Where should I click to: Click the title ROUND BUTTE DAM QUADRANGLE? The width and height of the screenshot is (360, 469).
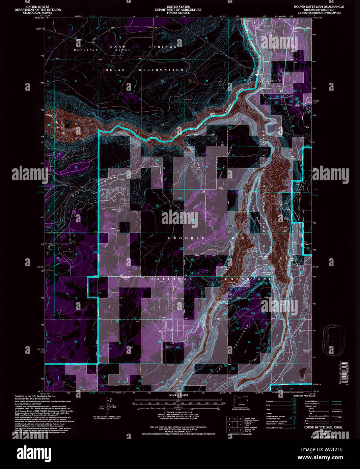click(x=319, y=7)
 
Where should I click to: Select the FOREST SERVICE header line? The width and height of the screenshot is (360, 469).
click(x=178, y=13)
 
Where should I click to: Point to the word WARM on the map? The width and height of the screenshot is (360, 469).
click(x=117, y=47)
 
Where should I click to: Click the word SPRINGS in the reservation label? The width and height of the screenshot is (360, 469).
click(x=164, y=47)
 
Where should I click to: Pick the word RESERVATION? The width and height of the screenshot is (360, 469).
click(x=162, y=70)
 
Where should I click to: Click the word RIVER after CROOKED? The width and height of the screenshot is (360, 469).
click(x=244, y=238)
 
